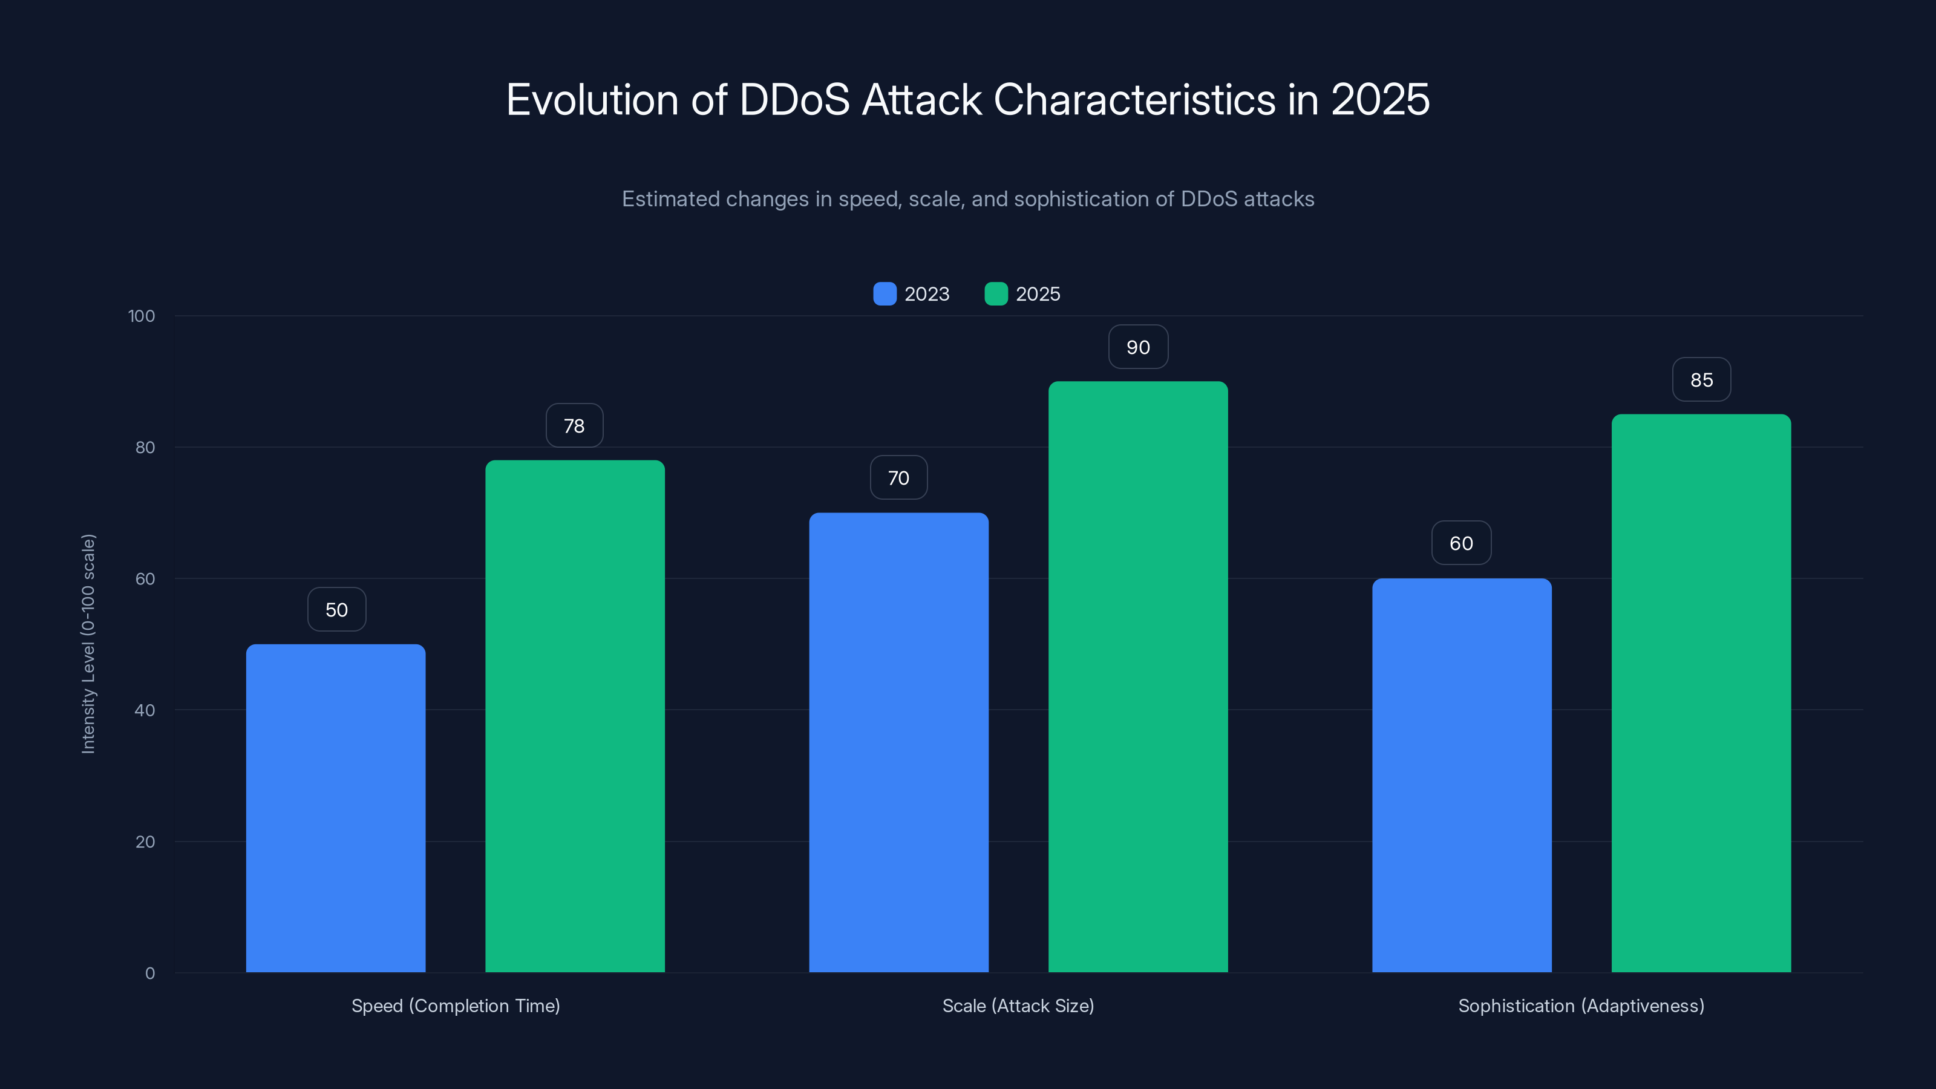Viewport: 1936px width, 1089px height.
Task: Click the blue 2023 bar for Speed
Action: click(x=335, y=808)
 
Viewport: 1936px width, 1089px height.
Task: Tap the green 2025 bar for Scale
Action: click(x=1138, y=676)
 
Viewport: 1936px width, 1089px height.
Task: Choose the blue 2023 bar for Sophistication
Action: click(x=1461, y=775)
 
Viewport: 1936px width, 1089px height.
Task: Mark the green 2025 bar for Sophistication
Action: click(x=1701, y=693)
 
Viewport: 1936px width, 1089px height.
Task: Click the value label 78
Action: click(x=574, y=426)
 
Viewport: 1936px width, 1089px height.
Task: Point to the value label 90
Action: click(x=1138, y=347)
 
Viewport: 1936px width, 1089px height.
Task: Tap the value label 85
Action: click(x=1701, y=381)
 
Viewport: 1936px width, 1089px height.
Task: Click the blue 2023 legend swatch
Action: click(x=885, y=294)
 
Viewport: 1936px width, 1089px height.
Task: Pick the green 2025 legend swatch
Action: click(x=996, y=294)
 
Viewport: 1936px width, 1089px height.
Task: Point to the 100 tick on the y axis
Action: click(x=142, y=316)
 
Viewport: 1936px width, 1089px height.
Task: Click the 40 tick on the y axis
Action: click(x=145, y=710)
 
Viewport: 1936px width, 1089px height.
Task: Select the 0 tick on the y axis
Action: click(x=149, y=973)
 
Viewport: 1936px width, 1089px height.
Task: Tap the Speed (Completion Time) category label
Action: click(x=456, y=1006)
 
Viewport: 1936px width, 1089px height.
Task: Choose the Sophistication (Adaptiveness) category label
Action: click(x=1580, y=1006)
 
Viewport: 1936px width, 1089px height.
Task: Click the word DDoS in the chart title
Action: click(x=794, y=100)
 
